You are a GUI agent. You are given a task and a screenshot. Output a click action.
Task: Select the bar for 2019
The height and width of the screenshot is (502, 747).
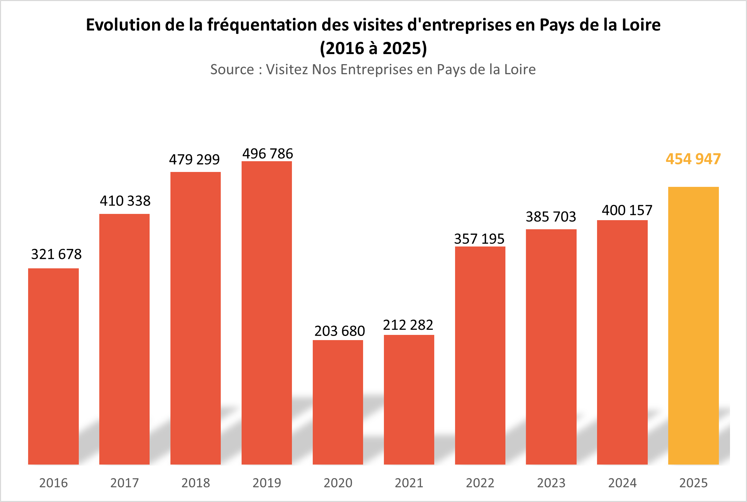267,312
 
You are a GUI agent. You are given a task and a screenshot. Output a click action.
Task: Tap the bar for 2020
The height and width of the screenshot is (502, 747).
338,402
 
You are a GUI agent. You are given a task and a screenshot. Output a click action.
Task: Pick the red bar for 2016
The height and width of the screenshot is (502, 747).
53,366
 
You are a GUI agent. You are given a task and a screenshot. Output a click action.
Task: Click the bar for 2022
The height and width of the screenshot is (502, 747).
480,355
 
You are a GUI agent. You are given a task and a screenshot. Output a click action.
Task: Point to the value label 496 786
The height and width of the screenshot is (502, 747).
268,154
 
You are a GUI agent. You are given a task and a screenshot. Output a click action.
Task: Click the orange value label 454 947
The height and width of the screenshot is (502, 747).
693,159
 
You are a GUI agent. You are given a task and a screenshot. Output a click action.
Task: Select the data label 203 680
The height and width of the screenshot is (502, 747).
339,331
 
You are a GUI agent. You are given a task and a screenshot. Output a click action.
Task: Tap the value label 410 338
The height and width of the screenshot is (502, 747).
125,201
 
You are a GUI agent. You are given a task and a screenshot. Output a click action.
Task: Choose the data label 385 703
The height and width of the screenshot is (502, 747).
551,217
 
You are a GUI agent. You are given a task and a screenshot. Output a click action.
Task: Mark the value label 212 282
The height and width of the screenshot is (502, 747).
408,325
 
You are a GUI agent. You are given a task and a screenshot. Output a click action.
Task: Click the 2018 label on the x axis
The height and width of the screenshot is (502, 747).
195,483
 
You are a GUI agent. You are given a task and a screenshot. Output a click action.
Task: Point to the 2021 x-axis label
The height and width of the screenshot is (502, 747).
409,483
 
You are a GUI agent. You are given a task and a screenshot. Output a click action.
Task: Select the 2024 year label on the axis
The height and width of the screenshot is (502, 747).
622,483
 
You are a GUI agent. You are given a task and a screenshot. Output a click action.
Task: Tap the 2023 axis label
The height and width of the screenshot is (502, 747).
551,483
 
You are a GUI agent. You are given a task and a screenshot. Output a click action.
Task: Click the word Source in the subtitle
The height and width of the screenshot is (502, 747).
232,70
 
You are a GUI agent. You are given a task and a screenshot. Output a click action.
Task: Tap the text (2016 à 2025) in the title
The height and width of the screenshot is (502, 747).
373,48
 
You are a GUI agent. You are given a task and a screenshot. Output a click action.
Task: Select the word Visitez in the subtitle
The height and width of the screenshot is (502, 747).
287,70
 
